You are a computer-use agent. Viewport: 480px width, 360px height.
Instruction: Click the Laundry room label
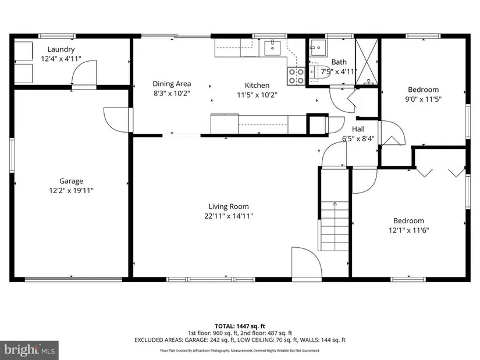point(61,49)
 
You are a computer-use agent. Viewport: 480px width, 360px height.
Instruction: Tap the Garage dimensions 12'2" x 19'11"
point(71,190)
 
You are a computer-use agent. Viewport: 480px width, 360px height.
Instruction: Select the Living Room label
point(229,206)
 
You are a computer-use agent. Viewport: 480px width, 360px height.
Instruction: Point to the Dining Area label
point(172,84)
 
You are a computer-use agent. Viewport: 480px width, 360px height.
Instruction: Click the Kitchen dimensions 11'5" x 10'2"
point(257,95)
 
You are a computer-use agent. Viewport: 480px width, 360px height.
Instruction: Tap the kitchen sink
point(272,48)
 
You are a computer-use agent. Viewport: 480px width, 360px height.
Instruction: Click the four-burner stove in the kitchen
point(296,76)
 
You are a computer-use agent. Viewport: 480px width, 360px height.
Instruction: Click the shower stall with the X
point(367,61)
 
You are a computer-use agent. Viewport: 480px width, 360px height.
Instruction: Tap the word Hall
point(358,129)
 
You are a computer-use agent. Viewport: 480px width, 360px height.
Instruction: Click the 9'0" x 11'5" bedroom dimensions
point(424,99)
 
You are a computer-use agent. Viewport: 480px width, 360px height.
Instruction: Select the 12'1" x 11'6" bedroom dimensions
point(409,230)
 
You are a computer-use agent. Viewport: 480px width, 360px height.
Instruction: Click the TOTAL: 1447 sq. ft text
point(240,326)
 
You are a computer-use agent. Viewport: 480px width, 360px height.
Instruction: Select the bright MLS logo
point(30,350)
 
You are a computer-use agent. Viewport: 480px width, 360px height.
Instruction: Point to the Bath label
point(339,62)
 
